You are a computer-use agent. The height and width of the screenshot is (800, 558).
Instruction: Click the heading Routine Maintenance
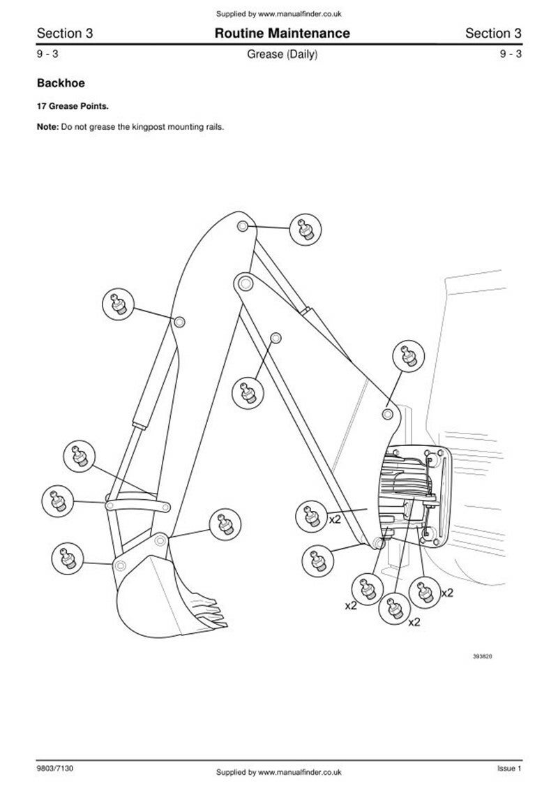[282, 34]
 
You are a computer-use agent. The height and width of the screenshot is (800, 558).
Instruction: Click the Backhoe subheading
[61, 82]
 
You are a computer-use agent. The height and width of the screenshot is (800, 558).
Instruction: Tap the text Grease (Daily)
[282, 54]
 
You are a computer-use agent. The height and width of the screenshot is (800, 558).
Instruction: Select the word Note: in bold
[48, 126]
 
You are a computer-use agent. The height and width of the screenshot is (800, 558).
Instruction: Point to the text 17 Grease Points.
[73, 107]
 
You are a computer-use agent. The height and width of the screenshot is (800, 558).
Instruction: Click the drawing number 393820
[482, 656]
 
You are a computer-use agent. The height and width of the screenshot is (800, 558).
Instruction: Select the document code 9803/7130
[55, 768]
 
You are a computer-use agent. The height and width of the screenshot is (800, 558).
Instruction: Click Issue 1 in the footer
[509, 768]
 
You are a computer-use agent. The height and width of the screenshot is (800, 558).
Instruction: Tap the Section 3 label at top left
[65, 34]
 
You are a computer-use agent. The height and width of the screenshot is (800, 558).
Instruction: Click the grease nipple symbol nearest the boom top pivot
[306, 229]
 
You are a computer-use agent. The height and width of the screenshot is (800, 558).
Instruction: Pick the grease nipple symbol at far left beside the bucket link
[57, 501]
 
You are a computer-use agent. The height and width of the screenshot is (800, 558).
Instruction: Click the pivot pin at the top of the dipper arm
[243, 226]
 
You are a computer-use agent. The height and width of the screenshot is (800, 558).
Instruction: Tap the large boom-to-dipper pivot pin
[245, 282]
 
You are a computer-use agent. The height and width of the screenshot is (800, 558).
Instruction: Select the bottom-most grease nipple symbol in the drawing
[394, 608]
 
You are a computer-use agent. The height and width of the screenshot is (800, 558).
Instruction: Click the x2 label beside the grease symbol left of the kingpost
[334, 519]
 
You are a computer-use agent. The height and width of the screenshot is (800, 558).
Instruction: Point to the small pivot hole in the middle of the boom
[276, 338]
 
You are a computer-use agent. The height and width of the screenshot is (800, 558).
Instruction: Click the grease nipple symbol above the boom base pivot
[409, 356]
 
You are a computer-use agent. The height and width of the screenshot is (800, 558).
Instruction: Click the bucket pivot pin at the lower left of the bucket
[120, 565]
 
